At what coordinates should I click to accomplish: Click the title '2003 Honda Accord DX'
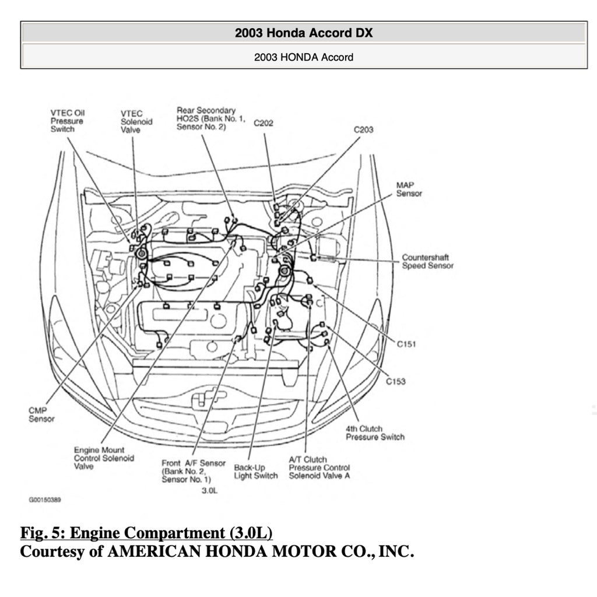(x=303, y=33)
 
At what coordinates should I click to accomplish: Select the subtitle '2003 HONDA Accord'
(x=303, y=57)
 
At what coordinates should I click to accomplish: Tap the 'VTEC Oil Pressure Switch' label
(x=66, y=121)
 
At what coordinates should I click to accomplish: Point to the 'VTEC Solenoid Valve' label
(x=136, y=121)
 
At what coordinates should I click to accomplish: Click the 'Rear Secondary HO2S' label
(x=206, y=118)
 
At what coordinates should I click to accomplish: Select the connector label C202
(x=264, y=123)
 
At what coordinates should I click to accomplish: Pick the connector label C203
(x=363, y=129)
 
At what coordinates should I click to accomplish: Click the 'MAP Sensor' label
(x=409, y=189)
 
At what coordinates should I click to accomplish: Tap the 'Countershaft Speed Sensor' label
(x=427, y=261)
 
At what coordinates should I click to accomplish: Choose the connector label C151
(x=406, y=345)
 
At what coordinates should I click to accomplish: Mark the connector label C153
(x=396, y=381)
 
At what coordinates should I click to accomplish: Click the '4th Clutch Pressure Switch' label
(x=374, y=433)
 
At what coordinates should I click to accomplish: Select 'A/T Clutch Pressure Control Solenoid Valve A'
(x=319, y=468)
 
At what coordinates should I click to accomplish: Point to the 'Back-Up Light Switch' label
(x=255, y=472)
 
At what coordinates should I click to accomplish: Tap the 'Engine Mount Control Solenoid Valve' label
(x=104, y=458)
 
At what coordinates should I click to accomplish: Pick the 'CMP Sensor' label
(x=41, y=415)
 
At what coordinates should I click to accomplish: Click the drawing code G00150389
(x=45, y=500)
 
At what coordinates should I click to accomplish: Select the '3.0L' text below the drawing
(x=209, y=491)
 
